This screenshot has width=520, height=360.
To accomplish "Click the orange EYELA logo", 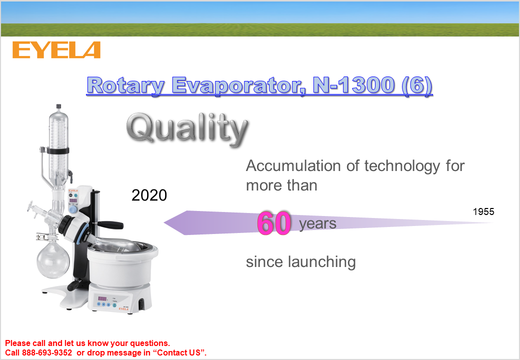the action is pos(56,50).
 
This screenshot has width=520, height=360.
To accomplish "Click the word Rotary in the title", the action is pos(125,85).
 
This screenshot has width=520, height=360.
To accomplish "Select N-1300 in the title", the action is pos(353,85).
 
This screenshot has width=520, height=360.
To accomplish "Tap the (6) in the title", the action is pos(417,85).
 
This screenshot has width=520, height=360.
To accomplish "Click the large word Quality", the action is pos(187,128).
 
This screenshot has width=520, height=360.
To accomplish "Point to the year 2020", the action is pos(149,195).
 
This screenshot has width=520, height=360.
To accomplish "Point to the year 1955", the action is pos(483,211).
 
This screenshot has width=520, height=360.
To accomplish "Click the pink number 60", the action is pos(274,223).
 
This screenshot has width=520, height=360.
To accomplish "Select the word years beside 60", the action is pos(317,224).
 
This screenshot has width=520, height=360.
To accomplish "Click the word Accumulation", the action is pos(293,165).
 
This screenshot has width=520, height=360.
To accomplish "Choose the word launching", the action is pos(321,262).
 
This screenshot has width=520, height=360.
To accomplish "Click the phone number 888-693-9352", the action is pos(47,352).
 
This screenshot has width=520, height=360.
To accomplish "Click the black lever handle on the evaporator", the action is pos(110,225).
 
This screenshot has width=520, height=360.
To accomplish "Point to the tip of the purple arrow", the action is pos(164,223).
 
